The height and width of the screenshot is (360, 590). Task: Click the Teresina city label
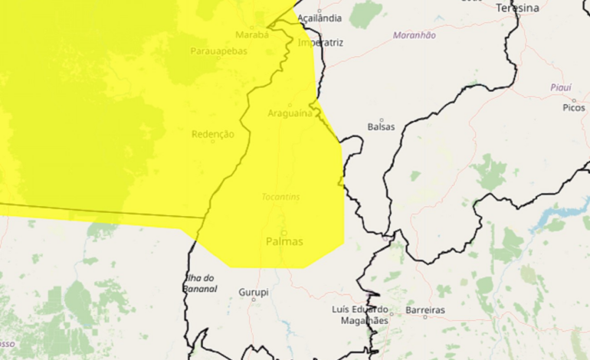click(517, 8)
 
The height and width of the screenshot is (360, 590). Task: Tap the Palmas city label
click(284, 241)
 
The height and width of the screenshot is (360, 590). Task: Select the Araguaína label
click(290, 113)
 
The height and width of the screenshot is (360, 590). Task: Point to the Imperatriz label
click(320, 43)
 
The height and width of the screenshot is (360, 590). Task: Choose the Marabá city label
click(251, 34)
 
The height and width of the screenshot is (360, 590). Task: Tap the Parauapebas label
click(218, 52)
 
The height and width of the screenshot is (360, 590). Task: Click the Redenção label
click(212, 134)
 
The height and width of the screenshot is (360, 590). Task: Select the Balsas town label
click(381, 126)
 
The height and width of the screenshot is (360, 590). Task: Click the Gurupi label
click(254, 293)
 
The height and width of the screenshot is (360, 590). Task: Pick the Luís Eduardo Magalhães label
click(360, 315)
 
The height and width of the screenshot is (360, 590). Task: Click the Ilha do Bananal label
click(201, 283)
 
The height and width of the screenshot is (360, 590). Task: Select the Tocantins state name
click(280, 197)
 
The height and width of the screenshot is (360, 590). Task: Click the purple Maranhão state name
click(414, 35)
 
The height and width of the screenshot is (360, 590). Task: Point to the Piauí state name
click(561, 87)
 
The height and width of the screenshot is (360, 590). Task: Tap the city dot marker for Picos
click(573, 100)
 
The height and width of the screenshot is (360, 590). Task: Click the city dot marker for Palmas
click(284, 233)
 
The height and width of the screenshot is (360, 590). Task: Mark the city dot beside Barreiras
click(392, 312)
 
